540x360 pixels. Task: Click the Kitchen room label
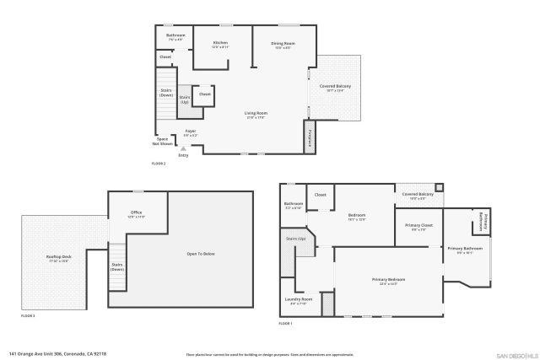[x=220, y=42]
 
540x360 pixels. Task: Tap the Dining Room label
[x=283, y=43]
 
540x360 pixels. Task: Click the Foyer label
[x=191, y=132]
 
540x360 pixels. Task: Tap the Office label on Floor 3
[x=136, y=212]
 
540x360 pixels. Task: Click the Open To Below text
[x=201, y=253]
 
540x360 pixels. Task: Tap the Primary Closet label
[x=418, y=225]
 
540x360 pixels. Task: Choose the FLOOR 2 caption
[x=158, y=163]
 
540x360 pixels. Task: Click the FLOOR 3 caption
[x=28, y=316]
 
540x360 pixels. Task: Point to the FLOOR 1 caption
[x=286, y=324]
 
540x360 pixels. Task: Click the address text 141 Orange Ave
[x=57, y=354]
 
